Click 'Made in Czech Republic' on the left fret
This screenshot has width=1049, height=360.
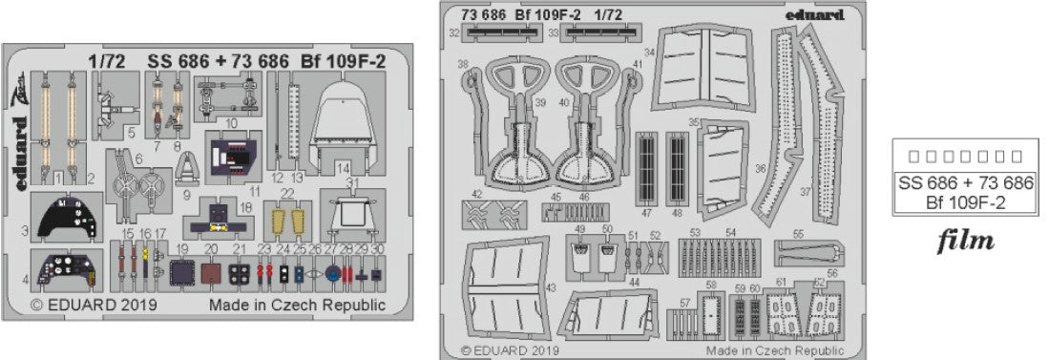pyautogui.click(x=297, y=307)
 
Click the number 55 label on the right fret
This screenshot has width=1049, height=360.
pyautogui.click(x=798, y=232)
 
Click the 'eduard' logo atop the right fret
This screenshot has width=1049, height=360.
pyautogui.click(x=816, y=14)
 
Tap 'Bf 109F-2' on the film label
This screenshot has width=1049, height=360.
pyautogui.click(x=962, y=201)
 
